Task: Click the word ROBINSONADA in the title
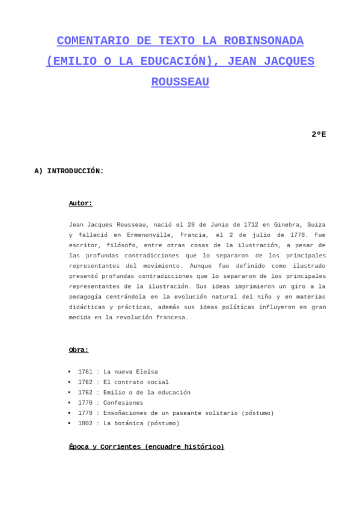pos(263,41)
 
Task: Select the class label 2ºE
pos(319,134)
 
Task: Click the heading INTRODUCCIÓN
pos(75,171)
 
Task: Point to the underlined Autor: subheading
pos(81,203)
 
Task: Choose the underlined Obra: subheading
pos(79,349)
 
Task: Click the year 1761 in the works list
pos(85,372)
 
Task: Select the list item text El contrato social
pos(136,382)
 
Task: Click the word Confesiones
pos(123,402)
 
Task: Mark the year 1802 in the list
pos(85,423)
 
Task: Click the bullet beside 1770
pos(70,402)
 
